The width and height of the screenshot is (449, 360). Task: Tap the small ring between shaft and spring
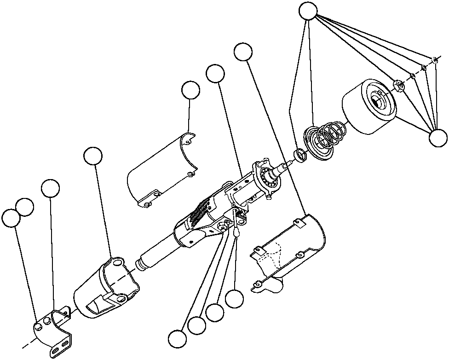[300, 155]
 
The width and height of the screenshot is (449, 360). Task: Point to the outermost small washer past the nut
[435, 59]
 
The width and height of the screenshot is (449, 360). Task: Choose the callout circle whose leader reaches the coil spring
[308, 11]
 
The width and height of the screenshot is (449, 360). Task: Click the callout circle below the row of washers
[437, 138]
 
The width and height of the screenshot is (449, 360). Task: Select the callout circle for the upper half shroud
[190, 91]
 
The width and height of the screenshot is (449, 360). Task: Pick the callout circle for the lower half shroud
[243, 52]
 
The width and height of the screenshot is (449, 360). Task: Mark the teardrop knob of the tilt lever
[236, 234]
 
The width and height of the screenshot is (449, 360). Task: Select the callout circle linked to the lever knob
[235, 299]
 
